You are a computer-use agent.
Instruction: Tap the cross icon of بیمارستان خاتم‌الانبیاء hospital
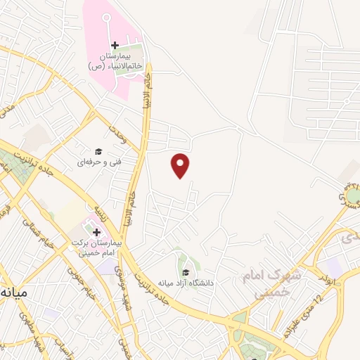point(115,46)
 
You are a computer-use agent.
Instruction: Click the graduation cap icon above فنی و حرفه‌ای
point(98,151)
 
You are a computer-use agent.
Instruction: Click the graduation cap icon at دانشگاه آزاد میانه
point(185,272)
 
